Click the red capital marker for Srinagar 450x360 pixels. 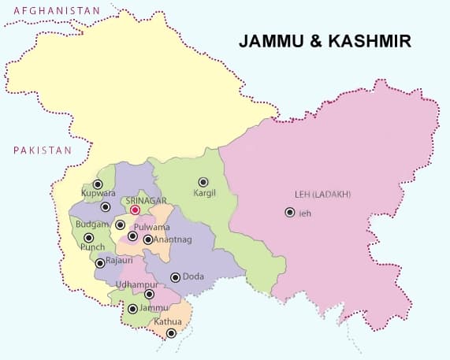tap(135, 210)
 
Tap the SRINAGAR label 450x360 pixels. tap(143, 201)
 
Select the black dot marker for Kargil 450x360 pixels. tap(203, 182)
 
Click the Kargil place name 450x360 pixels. tap(206, 193)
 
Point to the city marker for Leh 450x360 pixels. tap(290, 213)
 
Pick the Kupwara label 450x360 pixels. tap(99, 193)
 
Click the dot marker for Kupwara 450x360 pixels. tap(98, 184)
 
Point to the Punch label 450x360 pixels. tap(92, 247)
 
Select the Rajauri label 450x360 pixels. tap(120, 259)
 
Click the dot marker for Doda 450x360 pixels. tap(175, 277)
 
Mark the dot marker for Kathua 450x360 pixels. tap(171, 333)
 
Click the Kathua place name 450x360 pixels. tap(168, 321)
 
